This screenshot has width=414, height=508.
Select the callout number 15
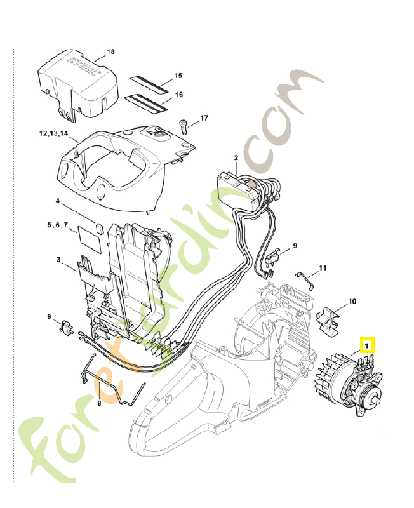click(x=178, y=76)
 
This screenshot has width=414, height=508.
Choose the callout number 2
click(x=236, y=157)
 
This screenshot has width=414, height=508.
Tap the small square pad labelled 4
click(x=99, y=227)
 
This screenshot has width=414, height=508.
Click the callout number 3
click(x=58, y=260)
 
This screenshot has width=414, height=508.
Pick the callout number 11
click(x=323, y=269)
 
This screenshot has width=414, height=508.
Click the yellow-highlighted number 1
click(x=368, y=345)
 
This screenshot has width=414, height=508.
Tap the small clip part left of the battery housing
click(x=66, y=328)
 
